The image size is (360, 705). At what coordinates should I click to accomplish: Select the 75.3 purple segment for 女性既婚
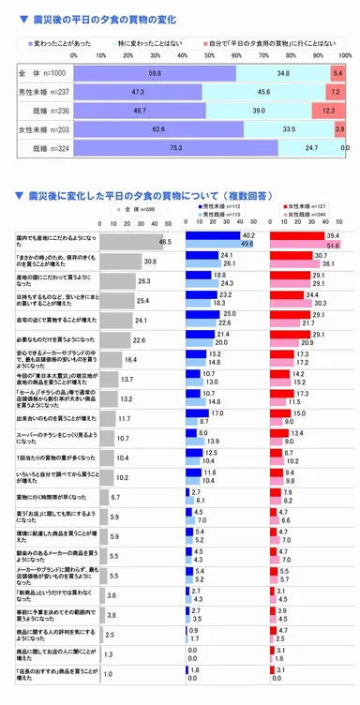(x=175, y=147)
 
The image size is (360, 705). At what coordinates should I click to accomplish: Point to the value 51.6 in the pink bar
(x=329, y=245)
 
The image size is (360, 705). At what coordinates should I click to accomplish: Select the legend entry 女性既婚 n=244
(x=310, y=215)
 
